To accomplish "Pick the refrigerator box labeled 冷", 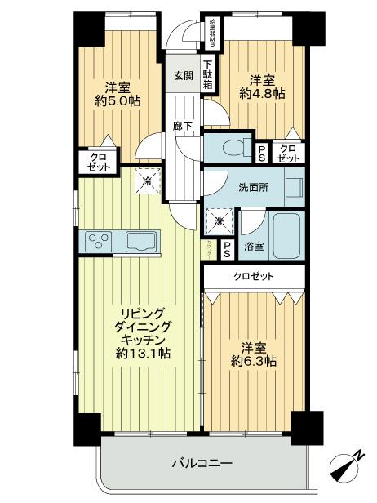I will [147, 180].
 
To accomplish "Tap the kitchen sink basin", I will [138, 242].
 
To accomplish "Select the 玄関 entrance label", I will [182, 76].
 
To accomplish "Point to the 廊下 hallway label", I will [183, 127].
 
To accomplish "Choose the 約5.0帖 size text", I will [116, 103].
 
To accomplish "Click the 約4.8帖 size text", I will [262, 94].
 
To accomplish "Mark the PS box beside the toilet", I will [261, 152].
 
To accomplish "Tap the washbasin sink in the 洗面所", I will [294, 186].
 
